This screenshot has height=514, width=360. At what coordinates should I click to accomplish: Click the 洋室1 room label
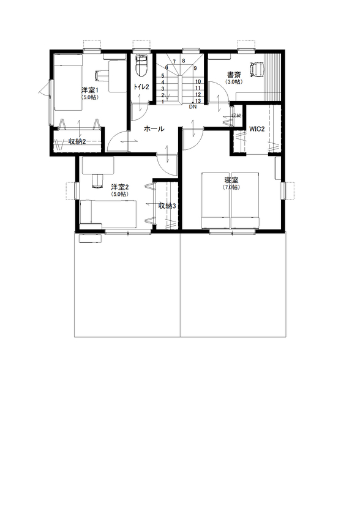pyautogui.click(x=90, y=90)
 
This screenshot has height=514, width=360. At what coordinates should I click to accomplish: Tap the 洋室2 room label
pyautogui.click(x=119, y=187)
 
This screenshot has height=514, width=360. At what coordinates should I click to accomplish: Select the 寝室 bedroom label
pyautogui.click(x=231, y=180)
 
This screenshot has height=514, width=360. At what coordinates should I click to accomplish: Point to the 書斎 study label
pyautogui.click(x=233, y=75)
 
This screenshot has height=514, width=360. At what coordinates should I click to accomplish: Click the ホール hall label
pyautogui.click(x=154, y=129)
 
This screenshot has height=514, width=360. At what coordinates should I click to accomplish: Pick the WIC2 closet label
pyautogui.click(x=257, y=129)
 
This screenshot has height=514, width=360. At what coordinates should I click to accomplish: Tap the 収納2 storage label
pyautogui.click(x=77, y=142)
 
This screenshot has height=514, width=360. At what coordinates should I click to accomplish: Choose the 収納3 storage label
pyautogui.click(x=167, y=206)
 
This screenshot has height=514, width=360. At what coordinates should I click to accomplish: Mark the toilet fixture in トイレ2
pyautogui.click(x=141, y=63)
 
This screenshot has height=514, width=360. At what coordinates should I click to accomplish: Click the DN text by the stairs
pyautogui.click(x=192, y=106)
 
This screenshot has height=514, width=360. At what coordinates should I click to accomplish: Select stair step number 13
pyautogui.click(x=198, y=101)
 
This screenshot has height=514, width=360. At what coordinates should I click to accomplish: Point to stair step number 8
pyautogui.click(x=183, y=61)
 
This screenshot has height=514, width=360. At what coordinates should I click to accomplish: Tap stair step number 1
pyautogui.click(x=162, y=101)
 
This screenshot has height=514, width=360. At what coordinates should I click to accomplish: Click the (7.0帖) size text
pyautogui.click(x=231, y=187)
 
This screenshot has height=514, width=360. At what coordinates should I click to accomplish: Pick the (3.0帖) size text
pyautogui.click(x=233, y=81)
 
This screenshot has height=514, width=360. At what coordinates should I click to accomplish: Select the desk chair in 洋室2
pyautogui.click(x=97, y=179)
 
